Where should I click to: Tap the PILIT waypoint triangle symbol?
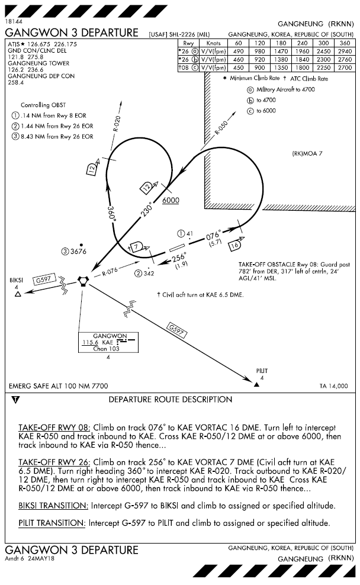click(256, 384)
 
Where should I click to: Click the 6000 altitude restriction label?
click(171, 200)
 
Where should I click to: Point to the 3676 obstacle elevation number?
click(78, 252)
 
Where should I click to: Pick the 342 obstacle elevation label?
click(148, 273)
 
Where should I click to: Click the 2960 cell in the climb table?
click(344, 51)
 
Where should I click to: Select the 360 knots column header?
click(344, 43)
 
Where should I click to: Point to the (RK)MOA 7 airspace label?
click(307, 153)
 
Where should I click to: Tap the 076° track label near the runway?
click(213, 235)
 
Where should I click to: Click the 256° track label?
click(179, 258)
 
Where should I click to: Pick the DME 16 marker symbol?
click(236, 243)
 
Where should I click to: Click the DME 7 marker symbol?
click(136, 246)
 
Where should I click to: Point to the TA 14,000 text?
click(334, 385)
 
